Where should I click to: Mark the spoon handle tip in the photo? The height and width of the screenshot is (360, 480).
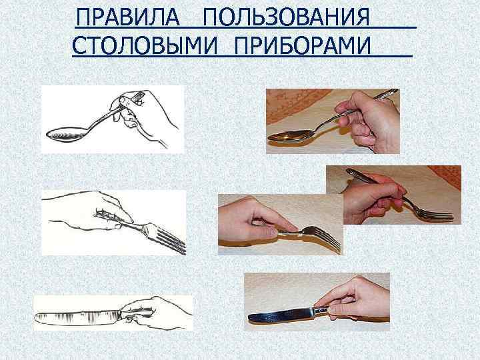tap(393, 93)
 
